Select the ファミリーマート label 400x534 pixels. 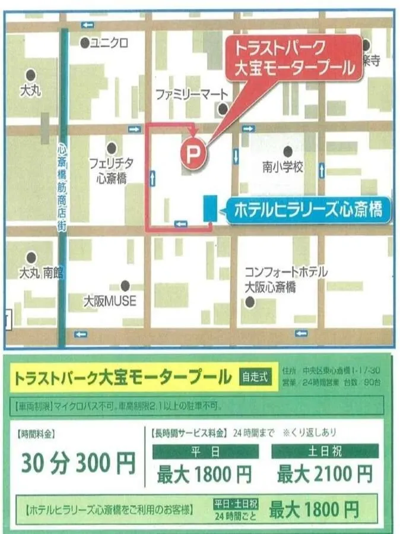191,94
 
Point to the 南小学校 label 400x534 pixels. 283,168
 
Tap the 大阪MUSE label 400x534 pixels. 110,301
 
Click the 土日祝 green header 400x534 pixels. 325,451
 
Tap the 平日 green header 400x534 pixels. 204,451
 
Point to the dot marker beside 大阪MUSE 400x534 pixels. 125,286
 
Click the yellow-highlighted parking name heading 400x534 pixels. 123,377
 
